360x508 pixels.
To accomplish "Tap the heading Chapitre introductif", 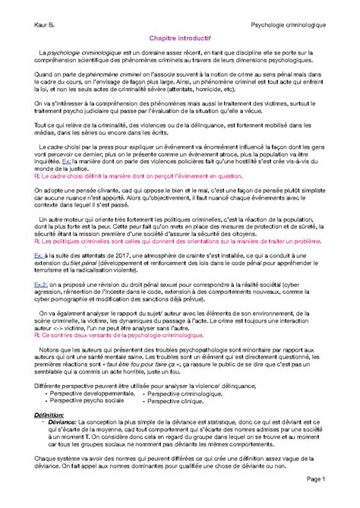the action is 179,56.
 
